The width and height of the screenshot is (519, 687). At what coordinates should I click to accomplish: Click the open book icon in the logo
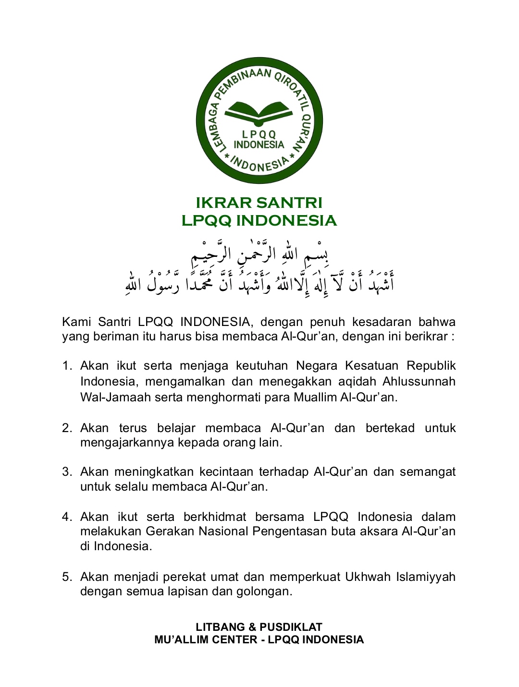tap(259, 111)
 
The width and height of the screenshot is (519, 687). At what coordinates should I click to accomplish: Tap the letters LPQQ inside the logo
tap(259, 135)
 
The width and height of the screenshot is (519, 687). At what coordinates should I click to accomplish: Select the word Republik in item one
tap(431, 366)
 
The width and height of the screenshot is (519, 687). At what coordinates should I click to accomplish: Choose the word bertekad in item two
tap(390, 428)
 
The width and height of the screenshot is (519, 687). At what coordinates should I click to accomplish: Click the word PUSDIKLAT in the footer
tap(291, 627)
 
